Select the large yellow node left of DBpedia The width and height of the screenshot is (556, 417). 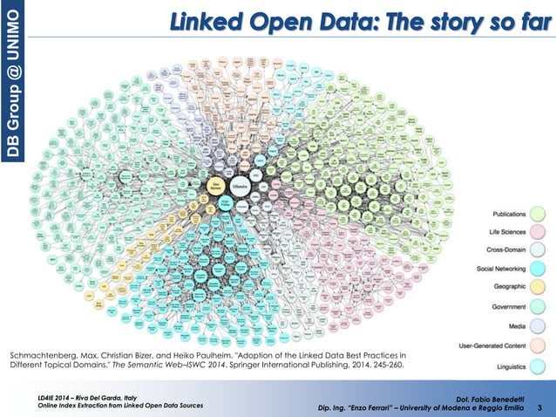coord(215,185)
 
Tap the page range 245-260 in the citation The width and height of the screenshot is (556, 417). coord(386,366)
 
